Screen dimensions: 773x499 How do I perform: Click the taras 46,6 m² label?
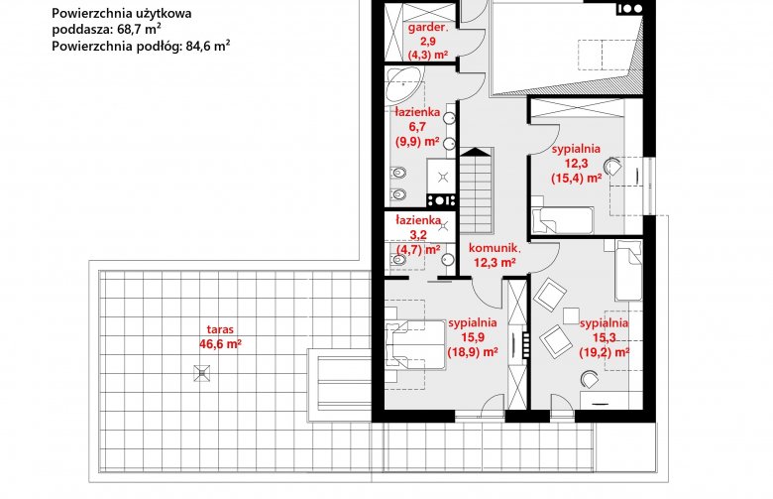(220, 337)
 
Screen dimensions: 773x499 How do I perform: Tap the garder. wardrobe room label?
(428, 41)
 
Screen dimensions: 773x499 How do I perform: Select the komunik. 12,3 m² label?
(495, 255)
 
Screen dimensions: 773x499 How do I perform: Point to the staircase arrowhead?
(477, 152)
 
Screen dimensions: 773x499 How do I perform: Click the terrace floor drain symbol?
(201, 373)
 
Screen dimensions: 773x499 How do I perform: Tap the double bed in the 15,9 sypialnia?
(415, 345)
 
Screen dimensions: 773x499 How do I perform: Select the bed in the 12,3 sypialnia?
(562, 220)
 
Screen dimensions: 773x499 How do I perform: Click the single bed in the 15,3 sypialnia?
(628, 271)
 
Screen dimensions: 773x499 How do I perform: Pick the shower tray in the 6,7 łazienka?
(441, 177)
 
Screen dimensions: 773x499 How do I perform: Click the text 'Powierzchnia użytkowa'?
(122, 14)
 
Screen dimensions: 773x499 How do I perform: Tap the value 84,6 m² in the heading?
(207, 46)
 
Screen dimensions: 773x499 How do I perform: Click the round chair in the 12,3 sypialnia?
(613, 167)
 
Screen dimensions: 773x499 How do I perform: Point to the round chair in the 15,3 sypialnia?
(590, 379)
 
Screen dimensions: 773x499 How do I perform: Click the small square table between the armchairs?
(571, 315)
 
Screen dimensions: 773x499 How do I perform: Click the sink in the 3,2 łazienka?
(448, 259)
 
